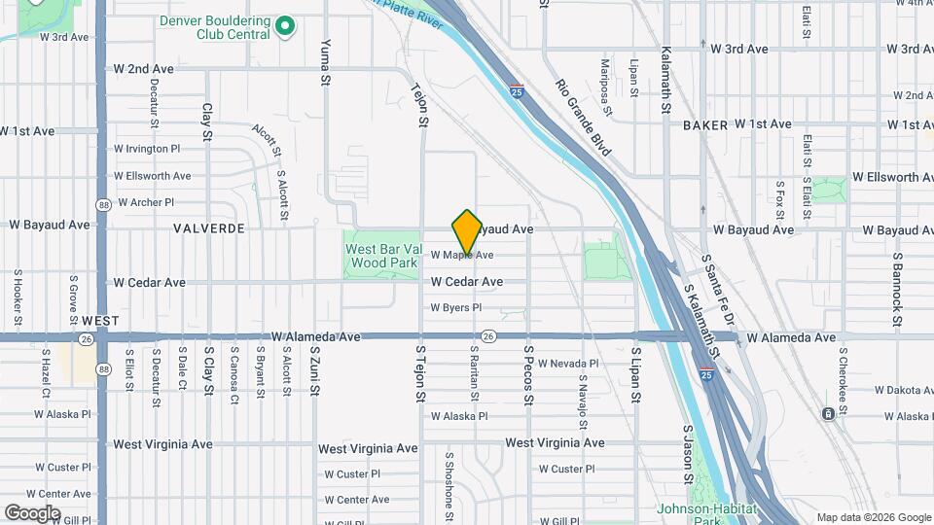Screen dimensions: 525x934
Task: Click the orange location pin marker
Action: click(467, 231)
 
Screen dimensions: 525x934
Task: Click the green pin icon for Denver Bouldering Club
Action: click(284, 26)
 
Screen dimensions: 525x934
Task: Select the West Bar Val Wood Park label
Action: click(382, 255)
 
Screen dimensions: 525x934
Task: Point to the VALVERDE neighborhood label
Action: click(208, 228)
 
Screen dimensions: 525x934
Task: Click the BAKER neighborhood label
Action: click(705, 125)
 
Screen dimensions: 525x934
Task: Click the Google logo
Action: click(32, 512)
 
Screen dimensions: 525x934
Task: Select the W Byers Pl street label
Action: click(456, 308)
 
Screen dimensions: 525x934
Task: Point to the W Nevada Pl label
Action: click(568, 363)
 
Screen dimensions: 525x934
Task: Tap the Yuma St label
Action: click(326, 62)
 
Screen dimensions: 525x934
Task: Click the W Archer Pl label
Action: click(145, 203)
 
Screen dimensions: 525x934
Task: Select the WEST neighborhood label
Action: click(100, 320)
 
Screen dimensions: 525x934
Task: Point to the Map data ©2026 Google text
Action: click(872, 517)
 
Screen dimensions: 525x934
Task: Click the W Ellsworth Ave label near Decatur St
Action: click(153, 176)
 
